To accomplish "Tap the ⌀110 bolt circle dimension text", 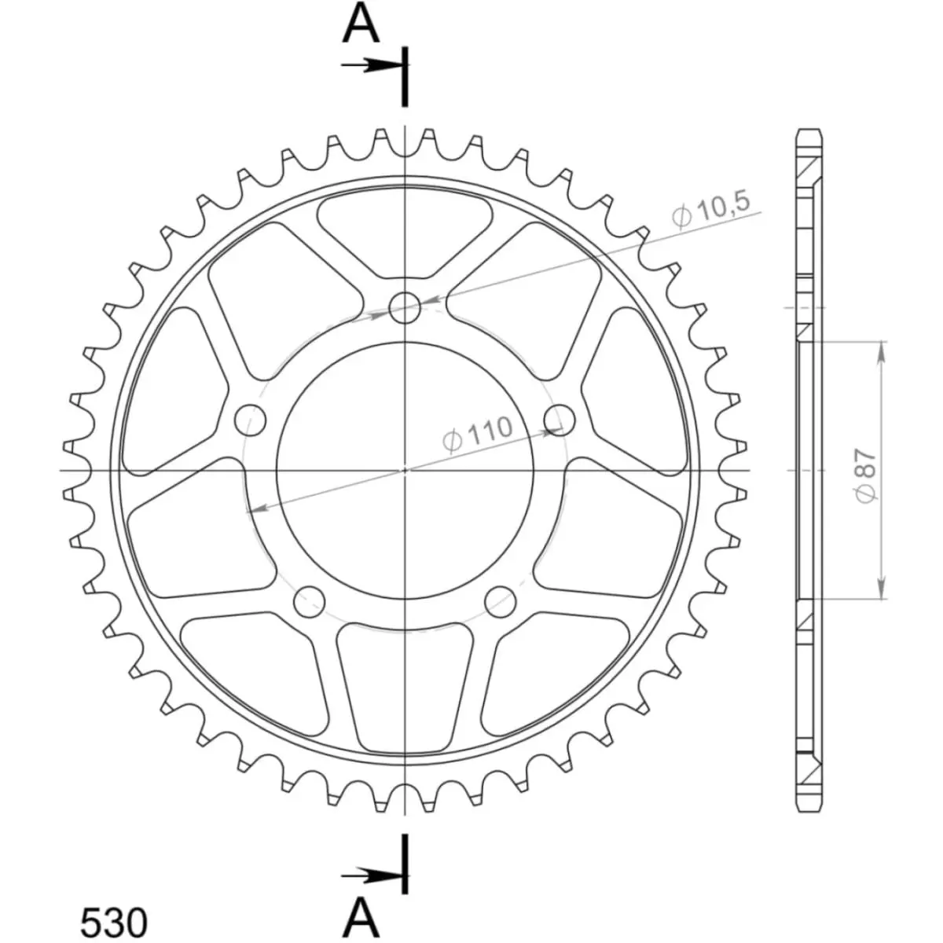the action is (x=478, y=432).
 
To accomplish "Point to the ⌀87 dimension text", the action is (x=867, y=475).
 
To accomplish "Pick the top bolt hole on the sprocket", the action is (x=405, y=308).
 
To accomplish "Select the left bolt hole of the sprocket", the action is (x=250, y=420).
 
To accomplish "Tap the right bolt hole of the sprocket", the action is (x=560, y=420).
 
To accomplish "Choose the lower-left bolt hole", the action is (x=310, y=601).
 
